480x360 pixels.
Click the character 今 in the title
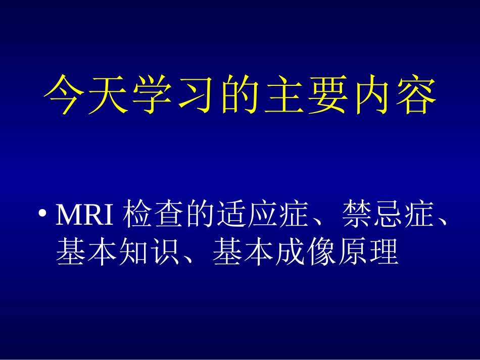[63, 94]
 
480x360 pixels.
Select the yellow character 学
[151, 94]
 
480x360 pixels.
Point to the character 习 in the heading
[196, 94]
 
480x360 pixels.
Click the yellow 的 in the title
[239, 94]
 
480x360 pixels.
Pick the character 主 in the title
[283, 94]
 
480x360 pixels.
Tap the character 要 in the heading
[327, 94]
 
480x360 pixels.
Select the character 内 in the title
[372, 94]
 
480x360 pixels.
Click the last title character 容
[415, 94]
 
